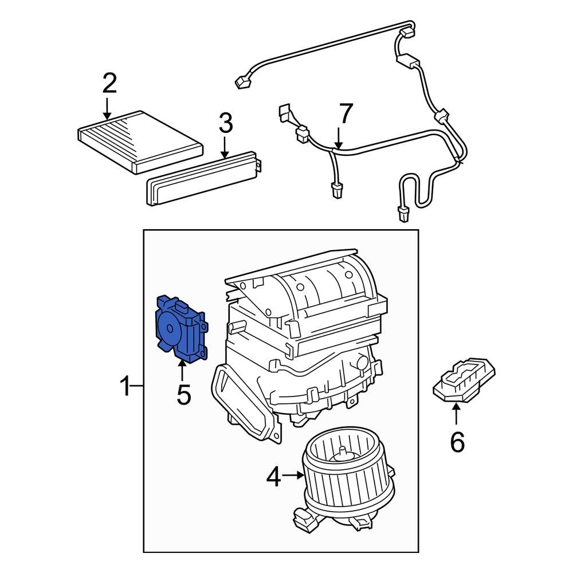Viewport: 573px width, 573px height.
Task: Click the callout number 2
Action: click(x=109, y=84)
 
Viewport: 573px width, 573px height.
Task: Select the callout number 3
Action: click(x=225, y=123)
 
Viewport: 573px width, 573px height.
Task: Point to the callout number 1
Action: click(x=125, y=388)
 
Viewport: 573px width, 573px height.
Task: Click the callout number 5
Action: click(x=183, y=395)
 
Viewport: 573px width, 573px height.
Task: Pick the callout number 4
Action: click(x=273, y=477)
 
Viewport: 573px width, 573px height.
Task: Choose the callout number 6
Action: click(x=457, y=442)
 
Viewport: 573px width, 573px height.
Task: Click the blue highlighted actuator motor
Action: click(x=179, y=330)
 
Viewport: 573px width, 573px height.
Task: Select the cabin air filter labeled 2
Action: click(x=140, y=141)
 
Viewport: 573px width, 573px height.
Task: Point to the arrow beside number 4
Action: click(x=293, y=474)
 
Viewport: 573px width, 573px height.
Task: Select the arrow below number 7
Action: click(x=339, y=139)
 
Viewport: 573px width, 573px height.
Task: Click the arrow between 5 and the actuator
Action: click(x=182, y=371)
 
